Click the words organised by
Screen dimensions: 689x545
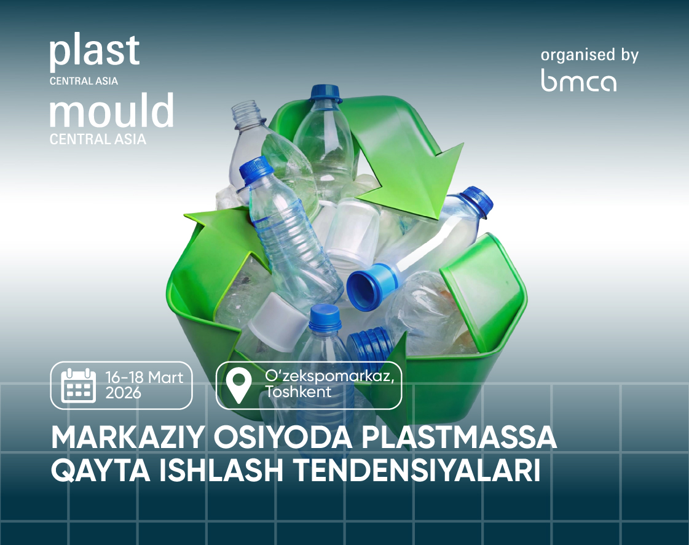pos(589,55)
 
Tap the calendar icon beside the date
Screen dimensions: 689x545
pos(78,385)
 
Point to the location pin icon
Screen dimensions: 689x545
pos(238,385)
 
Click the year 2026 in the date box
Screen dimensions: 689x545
pos(123,393)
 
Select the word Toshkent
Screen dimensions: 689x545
pos(298,392)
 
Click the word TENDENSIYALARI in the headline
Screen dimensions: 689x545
pos(417,470)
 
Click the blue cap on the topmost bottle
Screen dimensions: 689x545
pos(326,92)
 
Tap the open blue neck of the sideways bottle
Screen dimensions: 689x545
pos(366,287)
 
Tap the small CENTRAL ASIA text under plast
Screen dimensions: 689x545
pos(84,81)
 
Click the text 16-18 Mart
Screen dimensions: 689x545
pos(144,377)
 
